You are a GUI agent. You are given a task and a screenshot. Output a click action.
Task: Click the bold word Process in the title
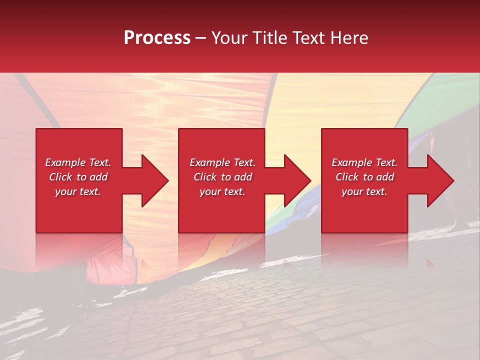(x=157, y=38)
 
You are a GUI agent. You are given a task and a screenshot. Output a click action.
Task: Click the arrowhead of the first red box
(x=155, y=180)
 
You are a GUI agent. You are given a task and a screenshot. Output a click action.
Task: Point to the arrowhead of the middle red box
(x=298, y=180)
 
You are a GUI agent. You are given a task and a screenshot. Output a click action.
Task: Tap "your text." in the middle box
(x=222, y=191)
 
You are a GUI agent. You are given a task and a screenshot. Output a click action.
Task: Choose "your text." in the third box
(x=364, y=191)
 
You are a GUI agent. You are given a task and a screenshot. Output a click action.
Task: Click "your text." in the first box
(x=78, y=191)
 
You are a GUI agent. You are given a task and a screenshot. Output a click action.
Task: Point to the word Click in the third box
(x=347, y=177)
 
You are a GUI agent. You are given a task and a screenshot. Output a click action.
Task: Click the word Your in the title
(x=227, y=38)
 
